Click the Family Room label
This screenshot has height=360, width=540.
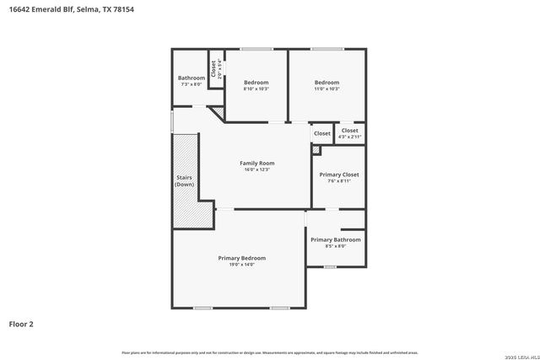point(256,163)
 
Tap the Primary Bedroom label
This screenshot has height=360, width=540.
point(242,258)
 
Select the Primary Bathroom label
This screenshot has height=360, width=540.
point(335,239)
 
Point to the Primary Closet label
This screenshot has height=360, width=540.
point(338,175)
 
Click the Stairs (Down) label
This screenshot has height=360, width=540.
point(185,180)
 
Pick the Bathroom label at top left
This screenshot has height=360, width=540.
point(191,78)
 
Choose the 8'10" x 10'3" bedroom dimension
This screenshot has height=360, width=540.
point(256,89)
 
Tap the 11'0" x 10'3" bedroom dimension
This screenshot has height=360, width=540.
point(327,89)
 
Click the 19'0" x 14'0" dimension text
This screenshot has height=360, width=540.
point(242,265)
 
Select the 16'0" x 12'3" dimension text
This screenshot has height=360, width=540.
point(256,169)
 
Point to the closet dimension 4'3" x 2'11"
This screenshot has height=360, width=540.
point(349,137)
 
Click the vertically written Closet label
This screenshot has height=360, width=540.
point(213,67)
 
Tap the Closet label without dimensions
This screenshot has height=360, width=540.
point(322,133)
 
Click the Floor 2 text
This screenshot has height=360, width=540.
point(21,323)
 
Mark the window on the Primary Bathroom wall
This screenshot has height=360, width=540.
point(330,267)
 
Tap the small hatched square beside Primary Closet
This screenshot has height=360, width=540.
point(316,150)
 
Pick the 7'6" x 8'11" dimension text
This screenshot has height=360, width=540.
point(338,181)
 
